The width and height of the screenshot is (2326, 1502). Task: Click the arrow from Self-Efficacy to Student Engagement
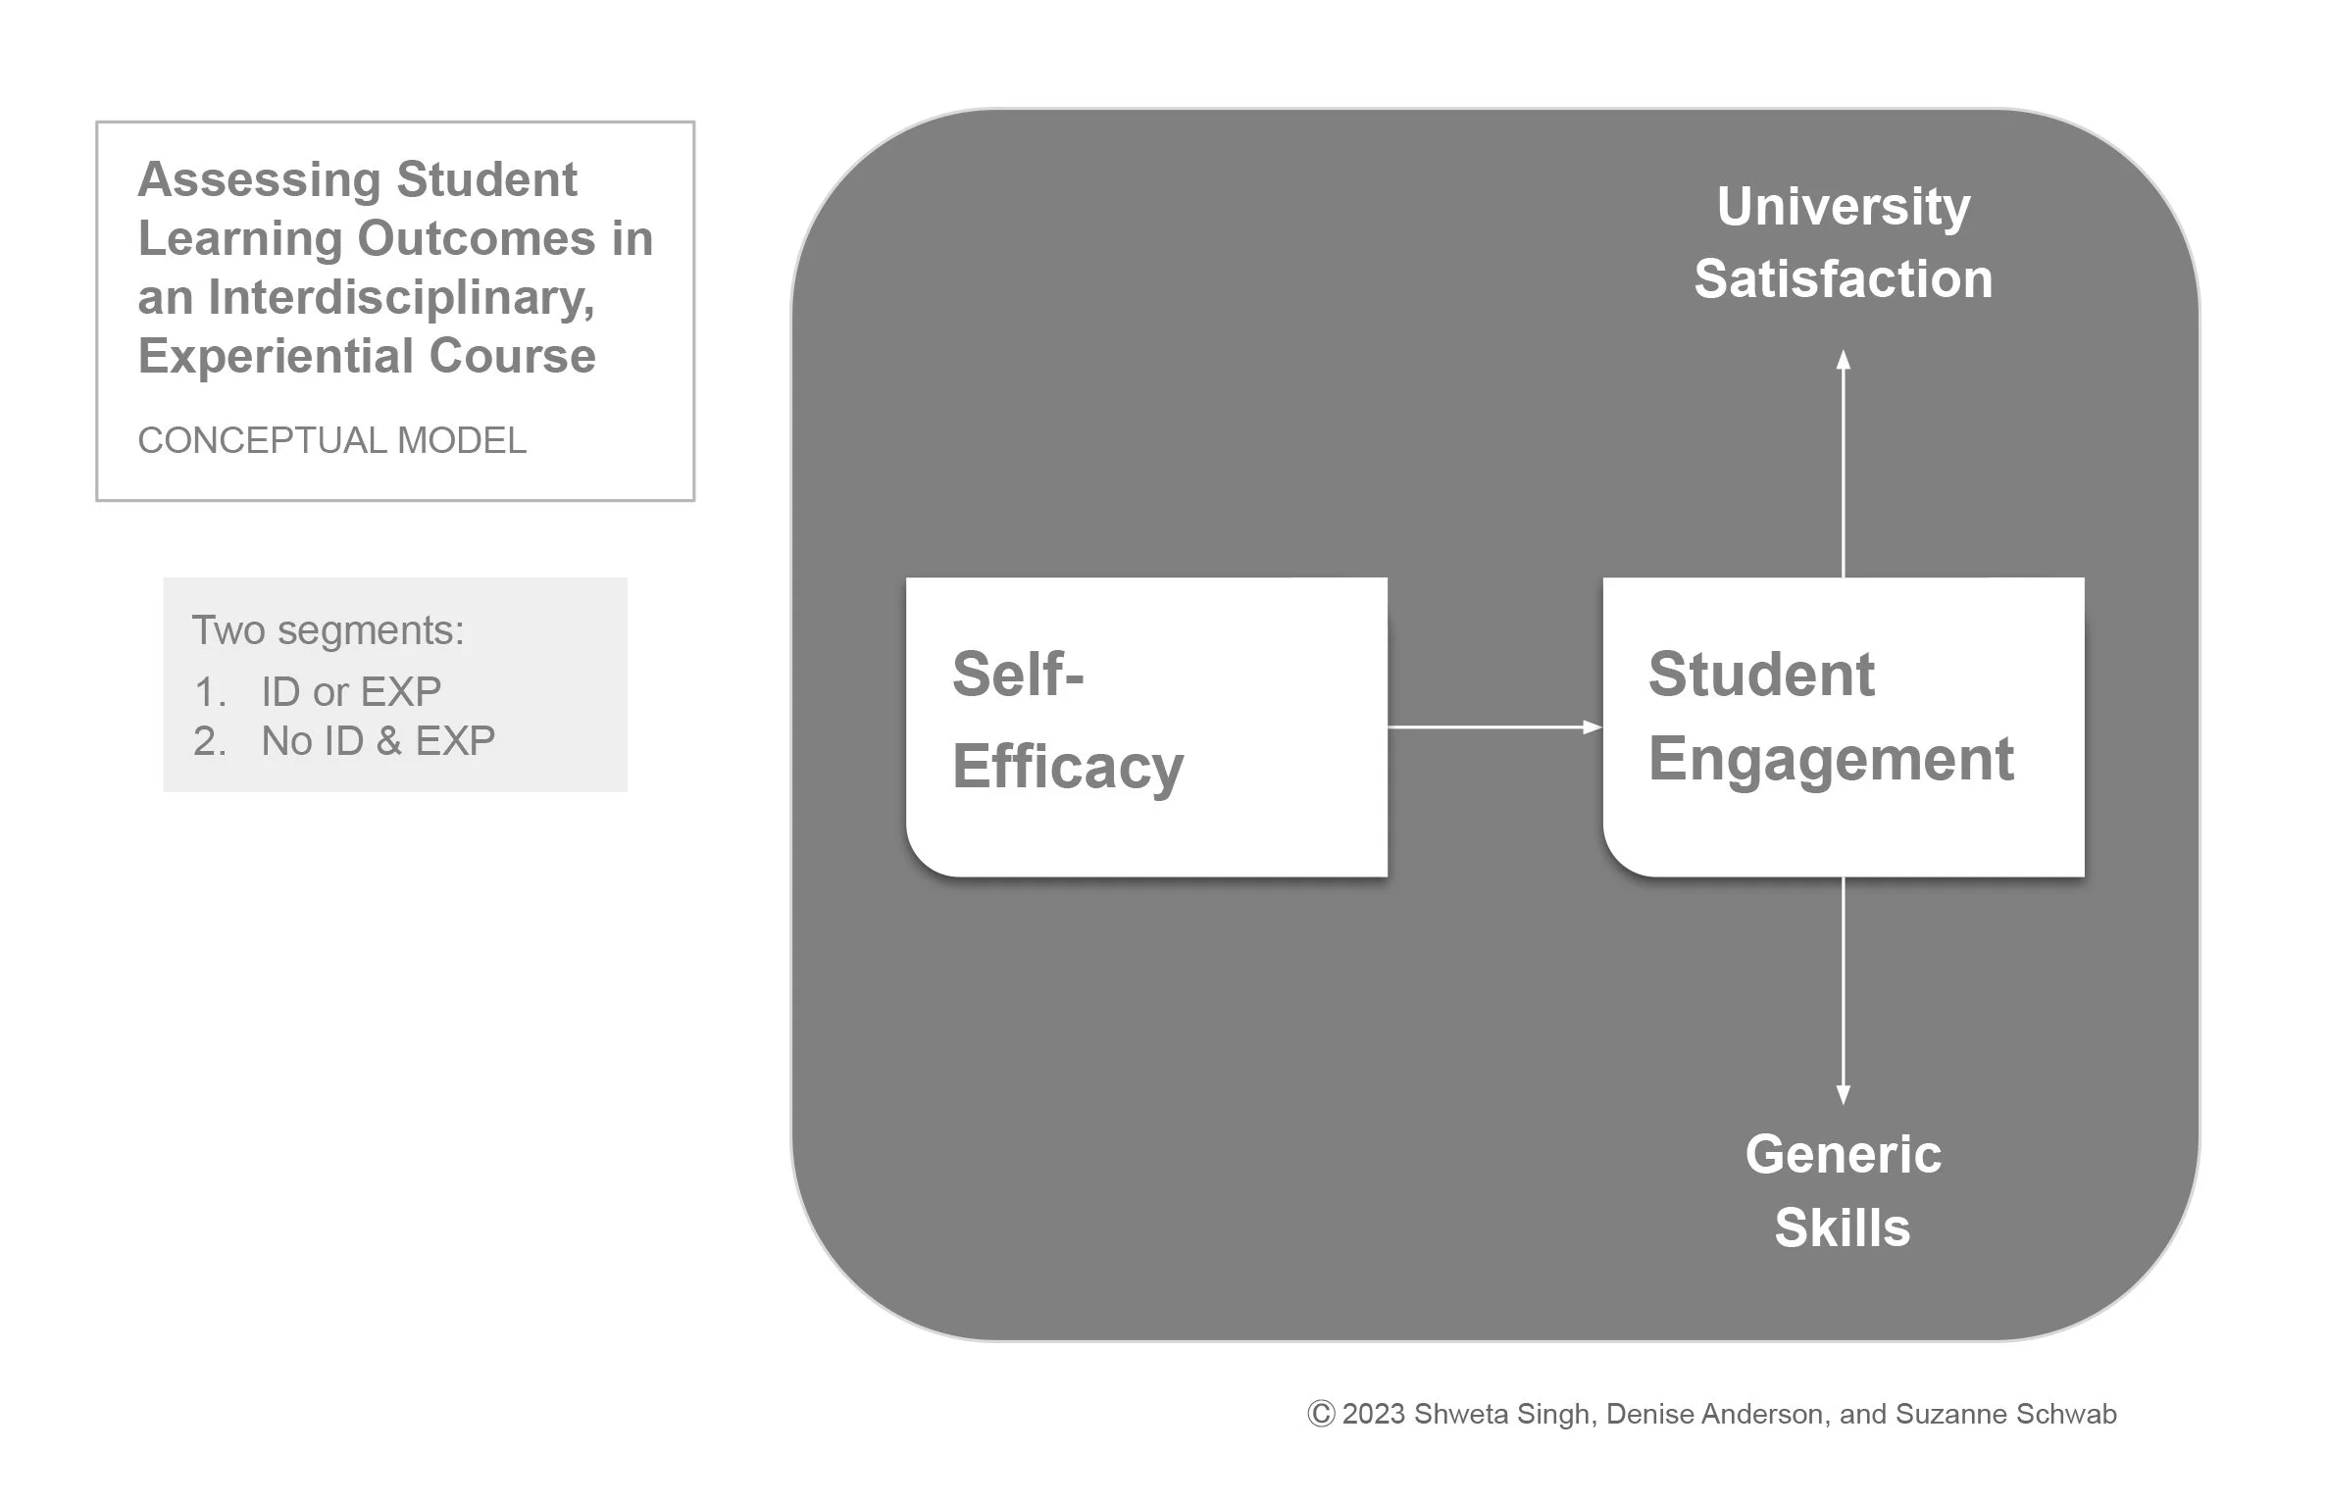(x=1493, y=727)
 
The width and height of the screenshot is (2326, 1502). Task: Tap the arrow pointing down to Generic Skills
(x=1843, y=990)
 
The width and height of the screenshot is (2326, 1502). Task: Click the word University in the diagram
(x=1843, y=207)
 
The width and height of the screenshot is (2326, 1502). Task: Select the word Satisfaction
(x=1843, y=279)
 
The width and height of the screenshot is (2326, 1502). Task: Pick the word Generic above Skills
(x=1843, y=1154)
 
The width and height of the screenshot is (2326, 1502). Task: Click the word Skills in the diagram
(x=1843, y=1227)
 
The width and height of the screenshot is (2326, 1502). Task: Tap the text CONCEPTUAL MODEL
(x=331, y=441)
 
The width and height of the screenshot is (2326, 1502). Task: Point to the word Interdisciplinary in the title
(x=400, y=297)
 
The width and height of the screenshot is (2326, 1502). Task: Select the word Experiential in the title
(x=277, y=356)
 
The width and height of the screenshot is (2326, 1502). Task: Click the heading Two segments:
(x=328, y=630)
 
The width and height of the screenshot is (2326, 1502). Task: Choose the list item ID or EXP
(x=350, y=692)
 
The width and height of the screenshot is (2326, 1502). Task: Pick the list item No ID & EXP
(x=378, y=741)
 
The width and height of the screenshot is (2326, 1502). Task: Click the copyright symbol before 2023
(x=1321, y=1414)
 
